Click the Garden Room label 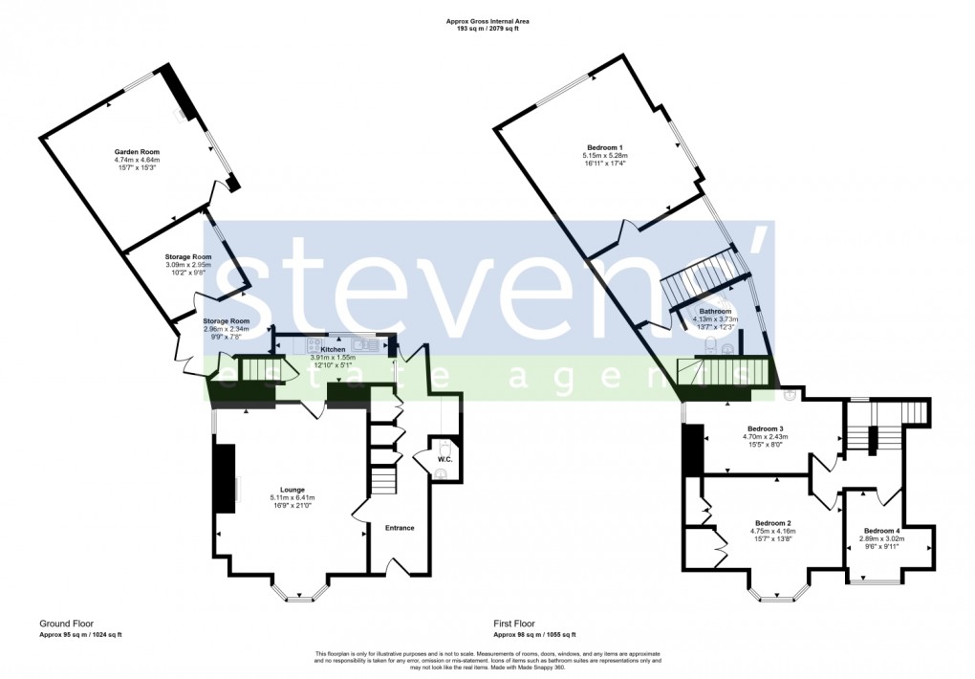(137, 151)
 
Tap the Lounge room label (292, 489)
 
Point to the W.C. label (444, 459)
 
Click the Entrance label (400, 527)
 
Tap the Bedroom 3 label (765, 428)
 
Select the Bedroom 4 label (882, 531)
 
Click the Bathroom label (715, 311)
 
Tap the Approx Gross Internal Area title (487, 20)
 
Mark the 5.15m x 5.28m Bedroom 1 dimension (604, 156)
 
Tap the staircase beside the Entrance (382, 478)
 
